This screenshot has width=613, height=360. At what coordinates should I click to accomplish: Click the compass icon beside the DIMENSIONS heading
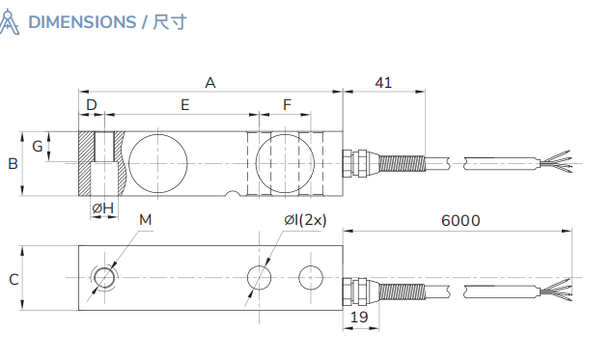tap(11, 21)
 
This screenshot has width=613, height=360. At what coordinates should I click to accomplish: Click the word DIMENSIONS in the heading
tap(82, 21)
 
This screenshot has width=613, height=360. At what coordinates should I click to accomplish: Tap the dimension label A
tap(209, 83)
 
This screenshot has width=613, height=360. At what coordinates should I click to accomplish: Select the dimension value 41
tap(382, 83)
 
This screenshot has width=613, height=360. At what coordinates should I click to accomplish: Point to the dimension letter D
tap(92, 104)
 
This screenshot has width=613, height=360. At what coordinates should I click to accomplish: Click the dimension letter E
tap(184, 104)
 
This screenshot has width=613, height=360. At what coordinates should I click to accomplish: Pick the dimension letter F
tap(287, 104)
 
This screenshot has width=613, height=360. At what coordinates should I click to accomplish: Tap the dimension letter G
tap(37, 147)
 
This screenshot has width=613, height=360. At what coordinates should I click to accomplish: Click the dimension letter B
tap(13, 164)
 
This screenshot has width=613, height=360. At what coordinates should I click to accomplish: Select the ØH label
tap(102, 208)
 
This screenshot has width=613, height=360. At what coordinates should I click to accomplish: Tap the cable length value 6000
tap(460, 220)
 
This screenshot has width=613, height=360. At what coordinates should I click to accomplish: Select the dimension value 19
tap(359, 317)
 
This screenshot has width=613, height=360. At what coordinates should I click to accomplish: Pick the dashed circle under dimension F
tap(285, 159)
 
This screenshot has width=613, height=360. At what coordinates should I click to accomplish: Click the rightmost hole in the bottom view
tap(311, 277)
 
